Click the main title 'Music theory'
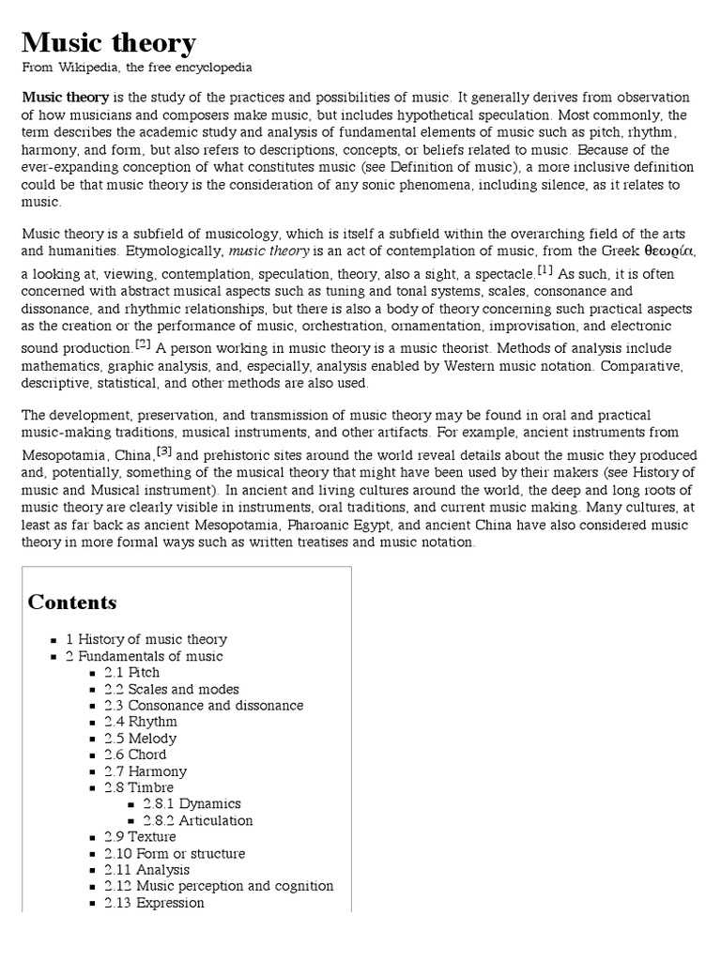coord(109,42)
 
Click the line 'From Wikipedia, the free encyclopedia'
coord(136,68)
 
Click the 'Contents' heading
coord(72,603)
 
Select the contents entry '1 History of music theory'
coord(146,639)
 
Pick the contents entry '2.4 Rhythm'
coord(140,722)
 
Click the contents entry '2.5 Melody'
coord(140,739)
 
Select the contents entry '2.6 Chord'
coord(135,755)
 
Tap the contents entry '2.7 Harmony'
coord(146,771)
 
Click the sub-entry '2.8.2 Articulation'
coord(197,820)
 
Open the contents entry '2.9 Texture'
coord(140,837)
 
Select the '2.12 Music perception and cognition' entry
coord(218,886)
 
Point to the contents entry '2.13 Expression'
coord(154,903)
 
